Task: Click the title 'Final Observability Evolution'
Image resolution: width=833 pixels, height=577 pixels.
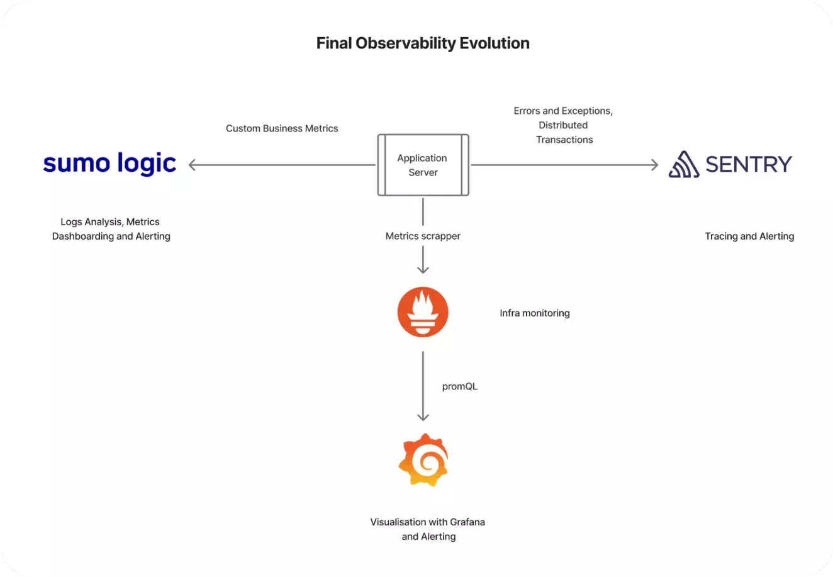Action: pos(423,43)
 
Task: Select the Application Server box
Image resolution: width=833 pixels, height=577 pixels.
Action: pos(423,165)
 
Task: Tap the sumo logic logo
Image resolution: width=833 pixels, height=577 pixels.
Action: pos(109,163)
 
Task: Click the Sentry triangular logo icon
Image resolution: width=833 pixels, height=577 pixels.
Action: pos(684,164)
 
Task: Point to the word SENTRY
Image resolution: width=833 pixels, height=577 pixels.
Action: pos(749,164)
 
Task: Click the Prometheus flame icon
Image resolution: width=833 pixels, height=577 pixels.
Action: pos(423,311)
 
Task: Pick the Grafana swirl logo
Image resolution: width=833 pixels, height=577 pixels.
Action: pos(423,460)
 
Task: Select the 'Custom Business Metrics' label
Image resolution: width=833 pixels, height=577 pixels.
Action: pos(282,128)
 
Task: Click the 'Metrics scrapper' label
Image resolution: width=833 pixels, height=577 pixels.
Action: pos(423,236)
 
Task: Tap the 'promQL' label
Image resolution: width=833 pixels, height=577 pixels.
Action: pos(460,386)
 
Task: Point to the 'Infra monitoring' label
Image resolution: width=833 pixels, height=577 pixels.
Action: pos(534,313)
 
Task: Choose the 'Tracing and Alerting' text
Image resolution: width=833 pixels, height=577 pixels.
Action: pos(749,236)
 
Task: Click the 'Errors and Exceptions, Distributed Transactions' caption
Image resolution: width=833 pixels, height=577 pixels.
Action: pos(563,125)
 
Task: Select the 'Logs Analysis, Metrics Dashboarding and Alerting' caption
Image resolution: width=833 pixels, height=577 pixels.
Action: pos(111,229)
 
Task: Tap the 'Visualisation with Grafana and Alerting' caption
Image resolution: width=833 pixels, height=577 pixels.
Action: pos(428,529)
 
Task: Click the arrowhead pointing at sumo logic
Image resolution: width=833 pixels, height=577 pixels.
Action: pos(192,165)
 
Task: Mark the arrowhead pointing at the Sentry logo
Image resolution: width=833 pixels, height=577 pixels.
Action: pos(655,165)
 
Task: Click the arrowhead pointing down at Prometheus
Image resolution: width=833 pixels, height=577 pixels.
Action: pos(423,270)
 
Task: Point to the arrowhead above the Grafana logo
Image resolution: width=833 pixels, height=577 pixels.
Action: pos(423,417)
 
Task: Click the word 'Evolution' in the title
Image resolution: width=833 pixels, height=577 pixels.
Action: pos(495,43)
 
